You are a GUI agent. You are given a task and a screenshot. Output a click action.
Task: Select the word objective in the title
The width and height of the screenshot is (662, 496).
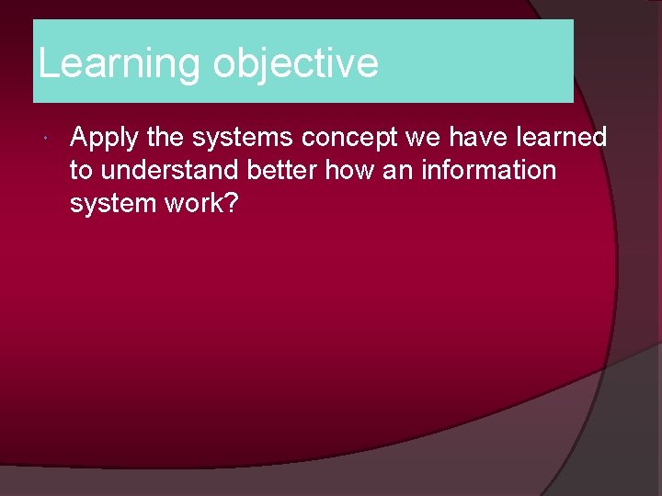(295, 64)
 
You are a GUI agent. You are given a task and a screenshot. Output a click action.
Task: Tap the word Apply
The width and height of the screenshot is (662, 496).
(104, 138)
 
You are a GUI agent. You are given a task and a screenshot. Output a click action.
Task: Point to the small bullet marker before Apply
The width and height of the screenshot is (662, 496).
(46, 139)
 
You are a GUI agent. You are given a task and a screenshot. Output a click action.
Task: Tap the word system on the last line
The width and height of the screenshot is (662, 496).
(111, 204)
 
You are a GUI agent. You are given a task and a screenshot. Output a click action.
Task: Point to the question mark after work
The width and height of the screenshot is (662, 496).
(232, 204)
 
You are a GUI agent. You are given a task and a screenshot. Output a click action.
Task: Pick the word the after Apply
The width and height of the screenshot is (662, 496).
(165, 138)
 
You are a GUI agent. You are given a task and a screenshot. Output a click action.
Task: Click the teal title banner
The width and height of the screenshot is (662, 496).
(478, 61)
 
